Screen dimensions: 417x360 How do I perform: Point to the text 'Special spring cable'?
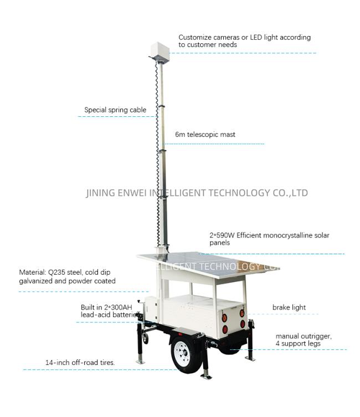pyautogui.click(x=115, y=110)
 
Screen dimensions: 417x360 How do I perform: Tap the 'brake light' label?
pyautogui.click(x=289, y=307)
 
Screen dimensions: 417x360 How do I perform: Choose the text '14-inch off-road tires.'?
pyautogui.click(x=80, y=363)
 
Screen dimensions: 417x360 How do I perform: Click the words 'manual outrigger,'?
pyautogui.click(x=304, y=336)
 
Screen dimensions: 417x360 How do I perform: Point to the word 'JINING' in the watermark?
pyautogui.click(x=100, y=193)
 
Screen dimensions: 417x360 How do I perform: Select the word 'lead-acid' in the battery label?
pyautogui.click(x=95, y=315)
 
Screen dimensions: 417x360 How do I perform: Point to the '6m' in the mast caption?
pyautogui.click(x=180, y=135)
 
